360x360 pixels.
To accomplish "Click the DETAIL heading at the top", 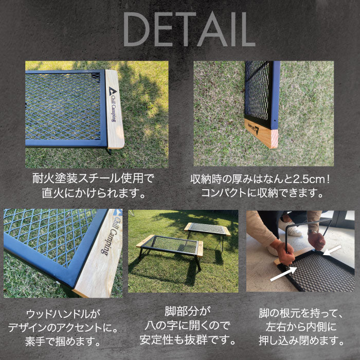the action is tap(189, 29).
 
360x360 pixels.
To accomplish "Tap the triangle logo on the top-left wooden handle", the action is tap(112, 91).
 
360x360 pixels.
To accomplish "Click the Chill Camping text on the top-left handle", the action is tap(113, 109).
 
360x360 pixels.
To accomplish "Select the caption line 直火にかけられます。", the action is tap(94, 193).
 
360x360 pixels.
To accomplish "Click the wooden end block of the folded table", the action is tap(261, 134).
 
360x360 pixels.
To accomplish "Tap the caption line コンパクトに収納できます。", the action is tap(262, 193).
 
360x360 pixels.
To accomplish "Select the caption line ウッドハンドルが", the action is tap(63, 314).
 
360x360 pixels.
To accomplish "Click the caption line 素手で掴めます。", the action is tap(63, 341).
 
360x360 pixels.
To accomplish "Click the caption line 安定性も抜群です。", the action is tap(188, 340).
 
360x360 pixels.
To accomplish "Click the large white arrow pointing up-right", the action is tap(283, 274).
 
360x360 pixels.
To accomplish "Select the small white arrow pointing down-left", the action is tap(332, 250).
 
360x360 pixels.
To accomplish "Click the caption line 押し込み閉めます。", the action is tap(301, 340).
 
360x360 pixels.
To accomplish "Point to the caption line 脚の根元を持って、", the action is tap(301, 313).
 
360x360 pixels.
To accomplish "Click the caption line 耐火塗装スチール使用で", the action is tap(93, 178).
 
